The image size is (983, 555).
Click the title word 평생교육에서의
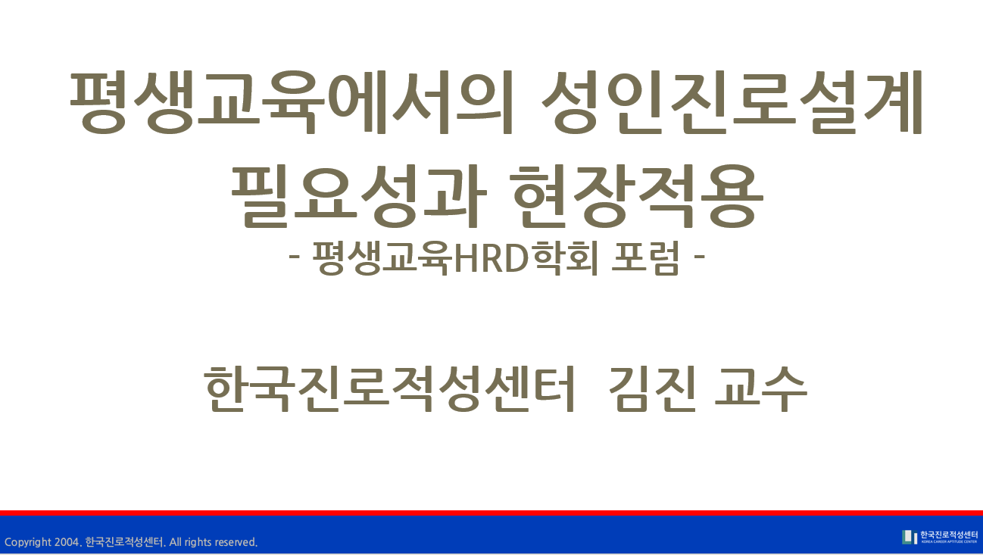tap(292, 102)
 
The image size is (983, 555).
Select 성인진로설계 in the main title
tap(732, 102)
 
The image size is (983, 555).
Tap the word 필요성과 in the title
tap(358, 197)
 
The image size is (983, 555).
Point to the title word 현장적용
tap(637, 197)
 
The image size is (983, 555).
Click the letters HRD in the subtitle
tap(491, 259)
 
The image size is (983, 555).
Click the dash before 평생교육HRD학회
tap(294, 257)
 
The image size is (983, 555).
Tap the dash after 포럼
tap(700, 257)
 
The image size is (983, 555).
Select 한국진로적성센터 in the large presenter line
tap(389, 389)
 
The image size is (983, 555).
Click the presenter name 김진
tap(653, 389)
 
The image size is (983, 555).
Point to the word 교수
tap(760, 389)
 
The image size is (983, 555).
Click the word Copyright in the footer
tap(28, 542)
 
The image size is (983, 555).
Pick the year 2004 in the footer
tap(67, 542)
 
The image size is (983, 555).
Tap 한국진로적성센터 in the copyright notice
tap(124, 542)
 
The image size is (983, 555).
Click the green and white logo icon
tap(910, 537)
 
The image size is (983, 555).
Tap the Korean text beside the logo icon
tap(949, 535)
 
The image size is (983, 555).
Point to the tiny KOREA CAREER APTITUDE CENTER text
tap(949, 542)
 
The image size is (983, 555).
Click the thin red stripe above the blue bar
tap(491, 513)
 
